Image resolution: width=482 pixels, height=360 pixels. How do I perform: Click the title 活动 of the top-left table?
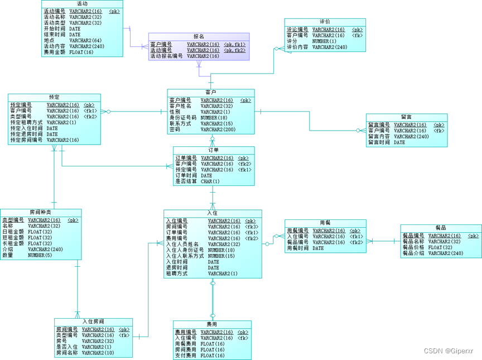pos(82,4)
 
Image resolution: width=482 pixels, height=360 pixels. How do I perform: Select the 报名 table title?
pos(199,36)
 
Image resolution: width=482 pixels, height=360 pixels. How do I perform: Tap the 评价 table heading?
pos(325,22)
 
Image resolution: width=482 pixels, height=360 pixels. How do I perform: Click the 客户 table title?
pos(211,93)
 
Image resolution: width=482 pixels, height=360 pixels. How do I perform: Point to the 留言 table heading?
pos(407,117)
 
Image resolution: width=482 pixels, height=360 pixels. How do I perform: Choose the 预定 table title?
pos(54,97)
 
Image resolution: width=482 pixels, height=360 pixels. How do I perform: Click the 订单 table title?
pos(214,150)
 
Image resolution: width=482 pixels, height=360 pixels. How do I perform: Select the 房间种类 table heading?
pos(41,213)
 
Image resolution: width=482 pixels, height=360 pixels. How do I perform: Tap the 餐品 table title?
pos(441,228)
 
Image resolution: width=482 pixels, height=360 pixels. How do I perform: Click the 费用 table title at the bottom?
pos(212,324)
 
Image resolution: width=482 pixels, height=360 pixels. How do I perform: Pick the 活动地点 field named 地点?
pos(49,41)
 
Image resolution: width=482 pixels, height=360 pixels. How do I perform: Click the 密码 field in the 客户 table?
pos(175,129)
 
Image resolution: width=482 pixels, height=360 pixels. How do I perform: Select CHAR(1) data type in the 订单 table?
pos(210,181)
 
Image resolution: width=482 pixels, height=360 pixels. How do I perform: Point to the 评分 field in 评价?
pos(292,41)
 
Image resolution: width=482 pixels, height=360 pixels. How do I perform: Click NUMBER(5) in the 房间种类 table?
pos(40,256)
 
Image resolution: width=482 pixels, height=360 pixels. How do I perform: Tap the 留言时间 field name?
pos(379,142)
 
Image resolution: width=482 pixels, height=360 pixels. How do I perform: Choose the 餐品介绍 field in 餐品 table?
pos(413,253)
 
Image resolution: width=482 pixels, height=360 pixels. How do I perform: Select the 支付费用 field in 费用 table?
pos(185,356)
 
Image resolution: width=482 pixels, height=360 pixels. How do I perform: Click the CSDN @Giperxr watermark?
pos(448,351)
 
